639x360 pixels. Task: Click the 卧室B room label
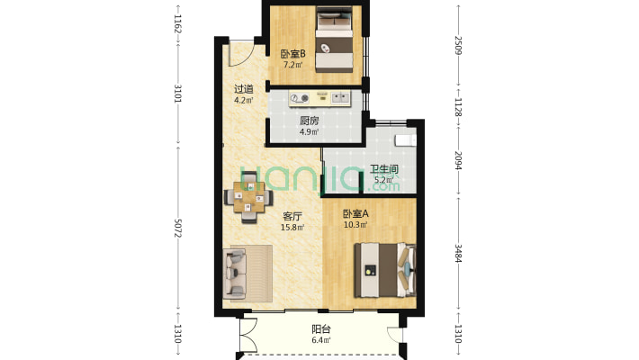[293, 54]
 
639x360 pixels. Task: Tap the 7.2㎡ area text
[293, 65]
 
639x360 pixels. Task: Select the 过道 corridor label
[244, 89]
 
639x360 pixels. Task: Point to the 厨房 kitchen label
[310, 121]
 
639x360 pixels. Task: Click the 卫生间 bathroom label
[384, 169]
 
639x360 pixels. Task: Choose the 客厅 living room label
[292, 216]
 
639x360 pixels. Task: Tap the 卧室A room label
[355, 213]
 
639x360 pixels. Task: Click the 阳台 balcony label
[321, 329]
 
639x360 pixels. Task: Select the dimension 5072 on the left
[178, 229]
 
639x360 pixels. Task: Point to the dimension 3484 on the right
[458, 254]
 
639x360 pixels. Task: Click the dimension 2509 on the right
[458, 45]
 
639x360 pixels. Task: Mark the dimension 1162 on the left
[178, 23]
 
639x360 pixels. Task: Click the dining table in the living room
[249, 197]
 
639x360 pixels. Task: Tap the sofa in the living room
[235, 273]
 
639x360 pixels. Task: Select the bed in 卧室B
[335, 40]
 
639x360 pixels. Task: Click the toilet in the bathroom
[406, 139]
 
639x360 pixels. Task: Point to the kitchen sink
[340, 98]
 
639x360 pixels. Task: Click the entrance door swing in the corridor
[241, 54]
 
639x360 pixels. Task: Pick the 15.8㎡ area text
[292, 228]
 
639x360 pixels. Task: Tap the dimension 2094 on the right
[458, 161]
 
